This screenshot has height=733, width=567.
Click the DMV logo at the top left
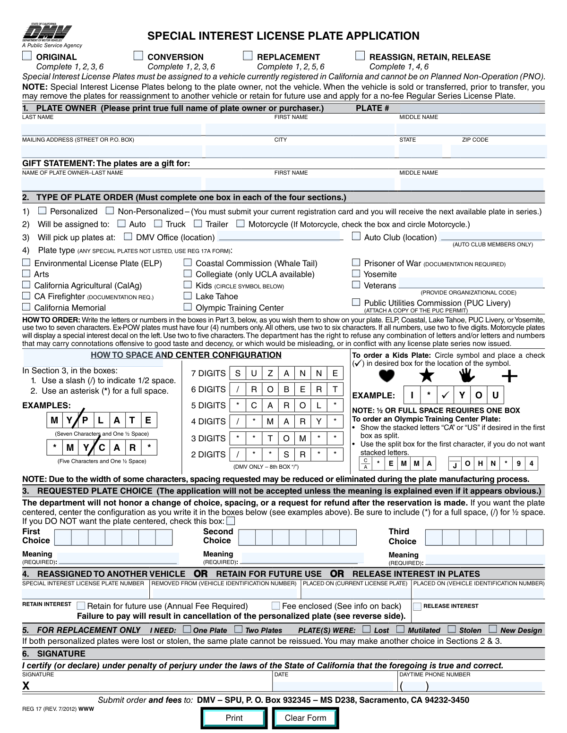pyautogui.click(x=47, y=34)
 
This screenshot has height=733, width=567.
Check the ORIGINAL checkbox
pyautogui.click(x=27, y=56)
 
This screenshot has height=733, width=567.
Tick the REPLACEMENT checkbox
pyautogui.click(x=248, y=56)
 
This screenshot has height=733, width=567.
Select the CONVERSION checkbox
pyautogui.click(x=138, y=56)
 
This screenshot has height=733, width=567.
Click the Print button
pyautogui.click(x=234, y=718)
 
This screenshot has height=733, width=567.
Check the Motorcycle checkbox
pyautogui.click(x=241, y=224)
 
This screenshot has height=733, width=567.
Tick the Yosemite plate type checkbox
pyautogui.click(x=356, y=274)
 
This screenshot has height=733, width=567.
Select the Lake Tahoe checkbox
pyautogui.click(x=188, y=296)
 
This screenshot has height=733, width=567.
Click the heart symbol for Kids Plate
pyautogui.click(x=387, y=376)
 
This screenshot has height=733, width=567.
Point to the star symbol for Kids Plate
pyautogui.click(x=427, y=376)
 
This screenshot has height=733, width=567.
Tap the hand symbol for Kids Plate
pyautogui.click(x=467, y=376)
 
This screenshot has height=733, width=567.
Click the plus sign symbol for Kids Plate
pyautogui.click(x=509, y=376)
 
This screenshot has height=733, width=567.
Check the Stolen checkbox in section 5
pyautogui.click(x=452, y=629)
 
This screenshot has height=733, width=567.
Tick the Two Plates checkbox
pyautogui.click(x=239, y=629)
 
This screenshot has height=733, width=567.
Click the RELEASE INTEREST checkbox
pyautogui.click(x=417, y=607)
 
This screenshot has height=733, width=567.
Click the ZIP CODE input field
pyautogui.click(x=498, y=152)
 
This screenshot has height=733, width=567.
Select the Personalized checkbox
pyautogui.click(x=43, y=211)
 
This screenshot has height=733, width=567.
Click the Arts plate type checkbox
pyautogui.click(x=26, y=274)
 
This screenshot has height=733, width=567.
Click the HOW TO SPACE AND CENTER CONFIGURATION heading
pyautogui.click(x=186, y=355)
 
